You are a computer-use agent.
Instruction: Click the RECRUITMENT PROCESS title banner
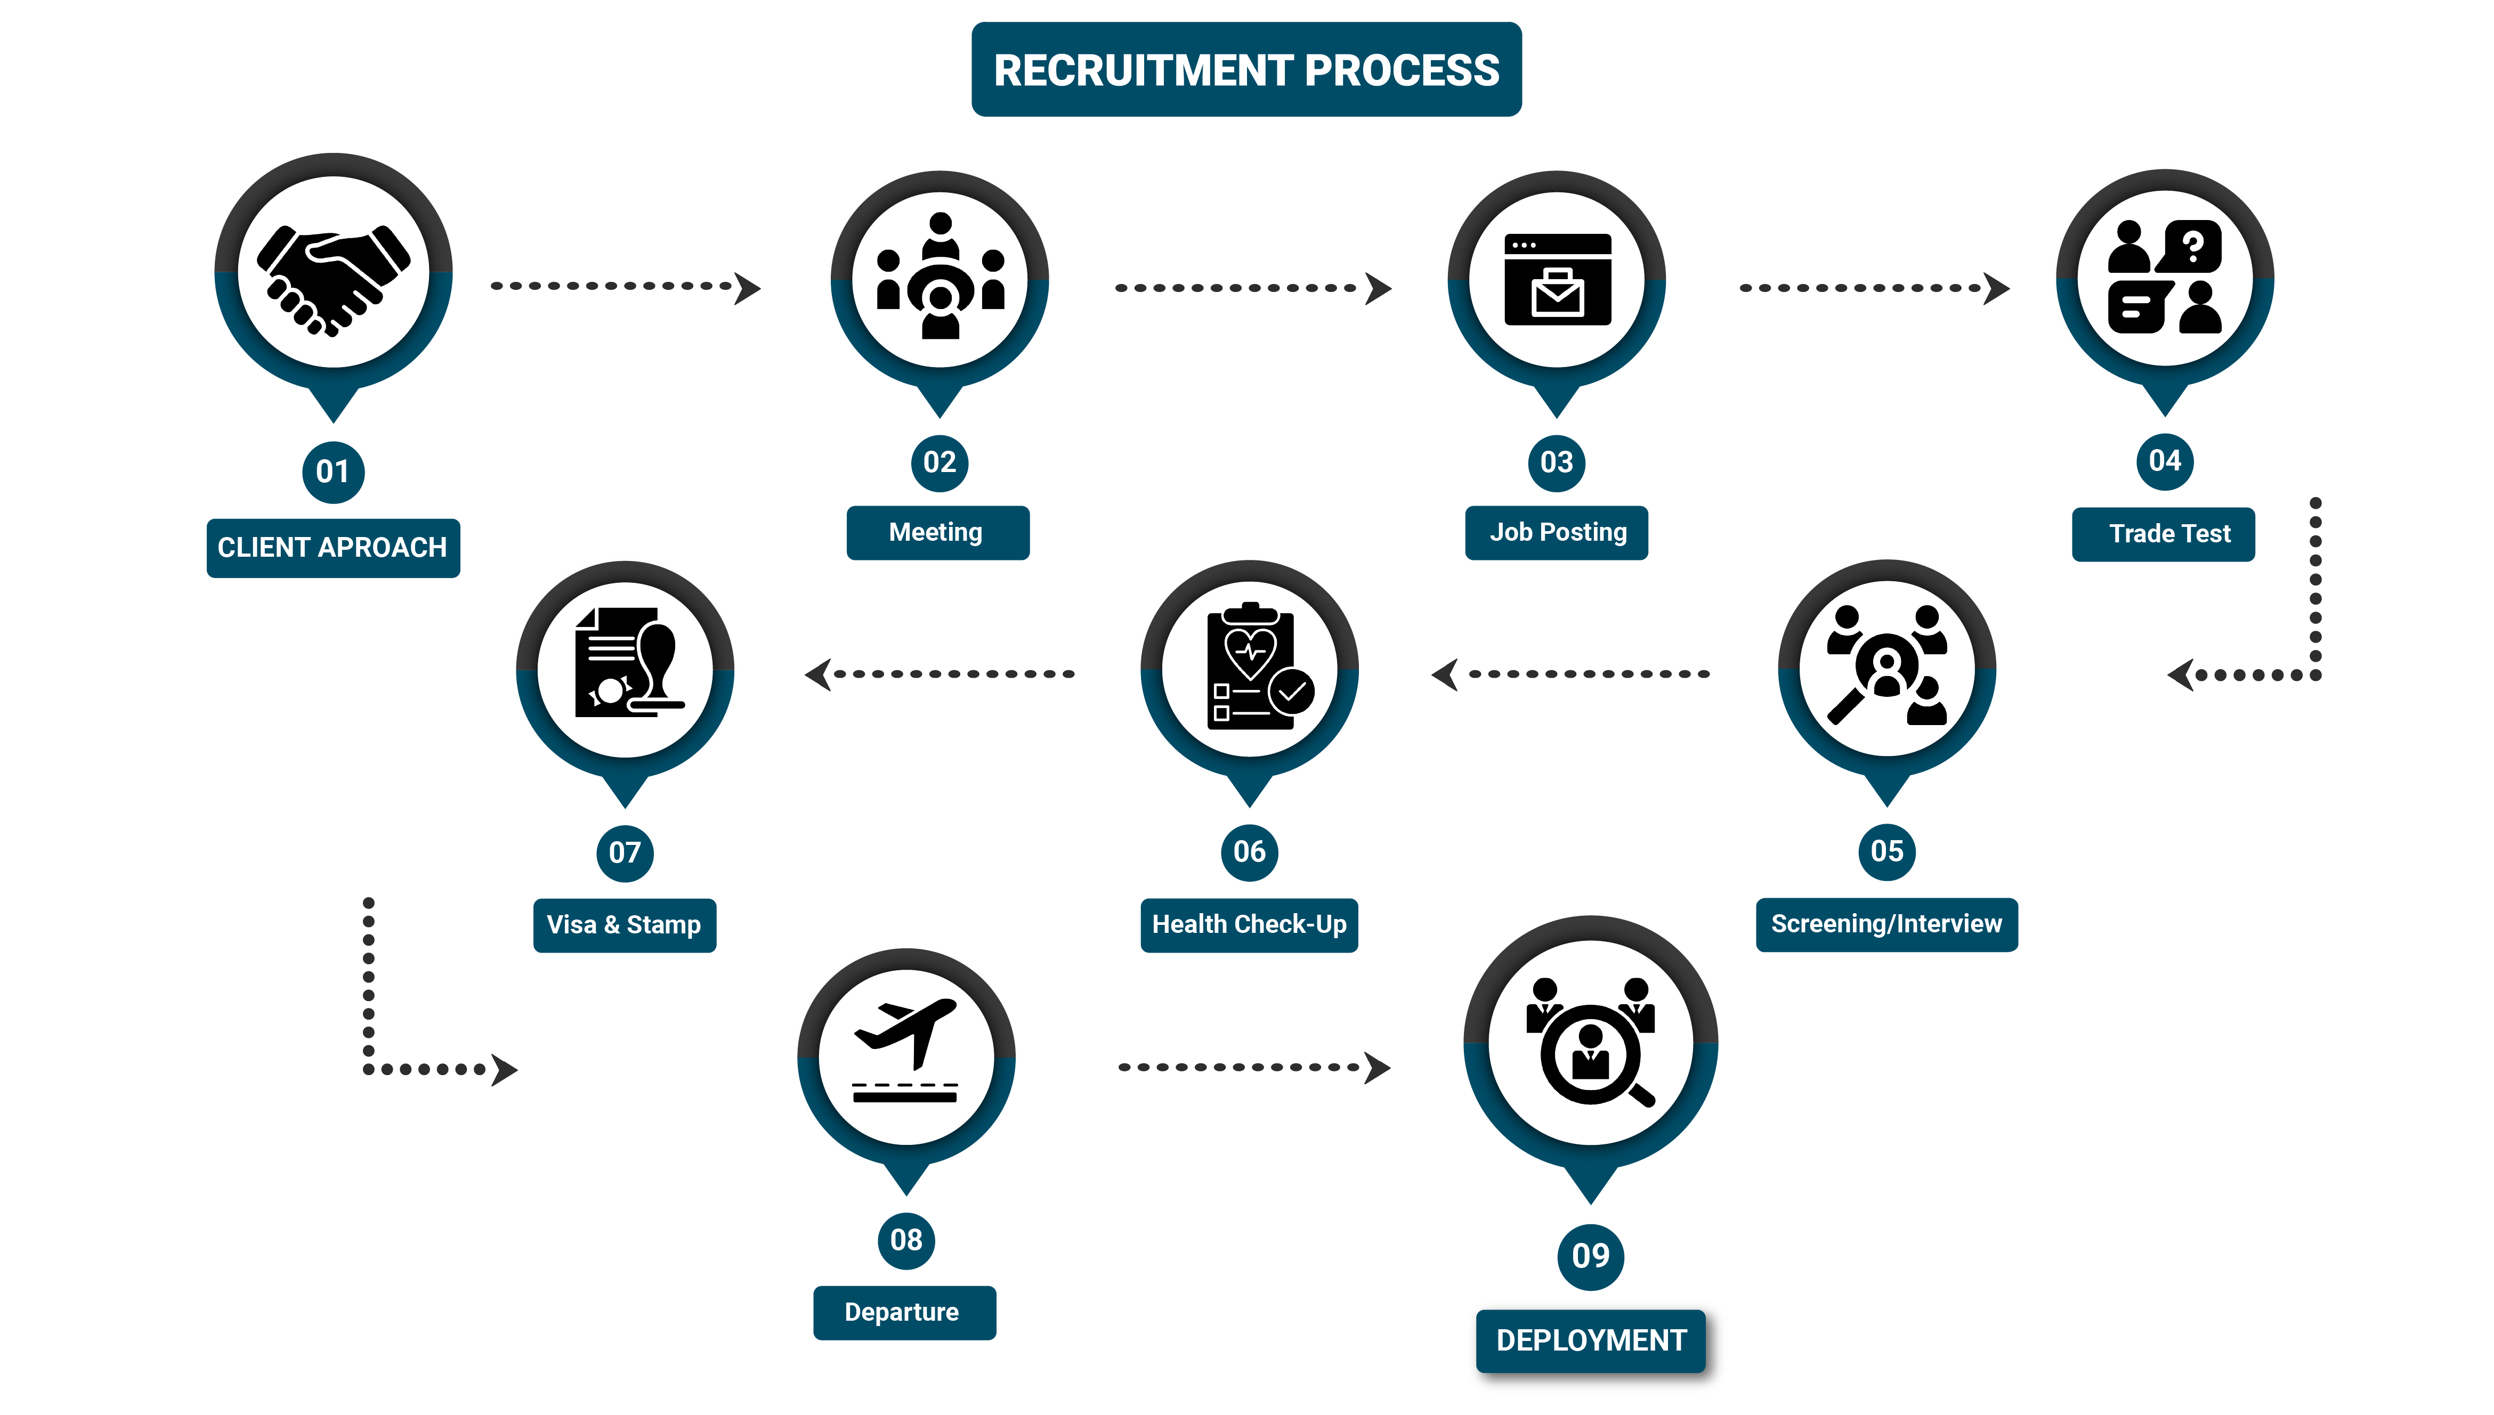click(1246, 70)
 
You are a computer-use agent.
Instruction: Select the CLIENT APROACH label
click(333, 548)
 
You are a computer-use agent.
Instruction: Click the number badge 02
click(939, 462)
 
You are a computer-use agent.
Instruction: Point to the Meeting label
click(937, 533)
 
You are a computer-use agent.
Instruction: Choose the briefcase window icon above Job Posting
click(1557, 280)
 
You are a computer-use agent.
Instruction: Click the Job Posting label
click(1557, 533)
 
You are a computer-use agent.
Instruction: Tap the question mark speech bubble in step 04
click(2191, 247)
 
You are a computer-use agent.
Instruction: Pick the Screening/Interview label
click(1886, 924)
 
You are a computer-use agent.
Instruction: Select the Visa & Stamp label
click(624, 925)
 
